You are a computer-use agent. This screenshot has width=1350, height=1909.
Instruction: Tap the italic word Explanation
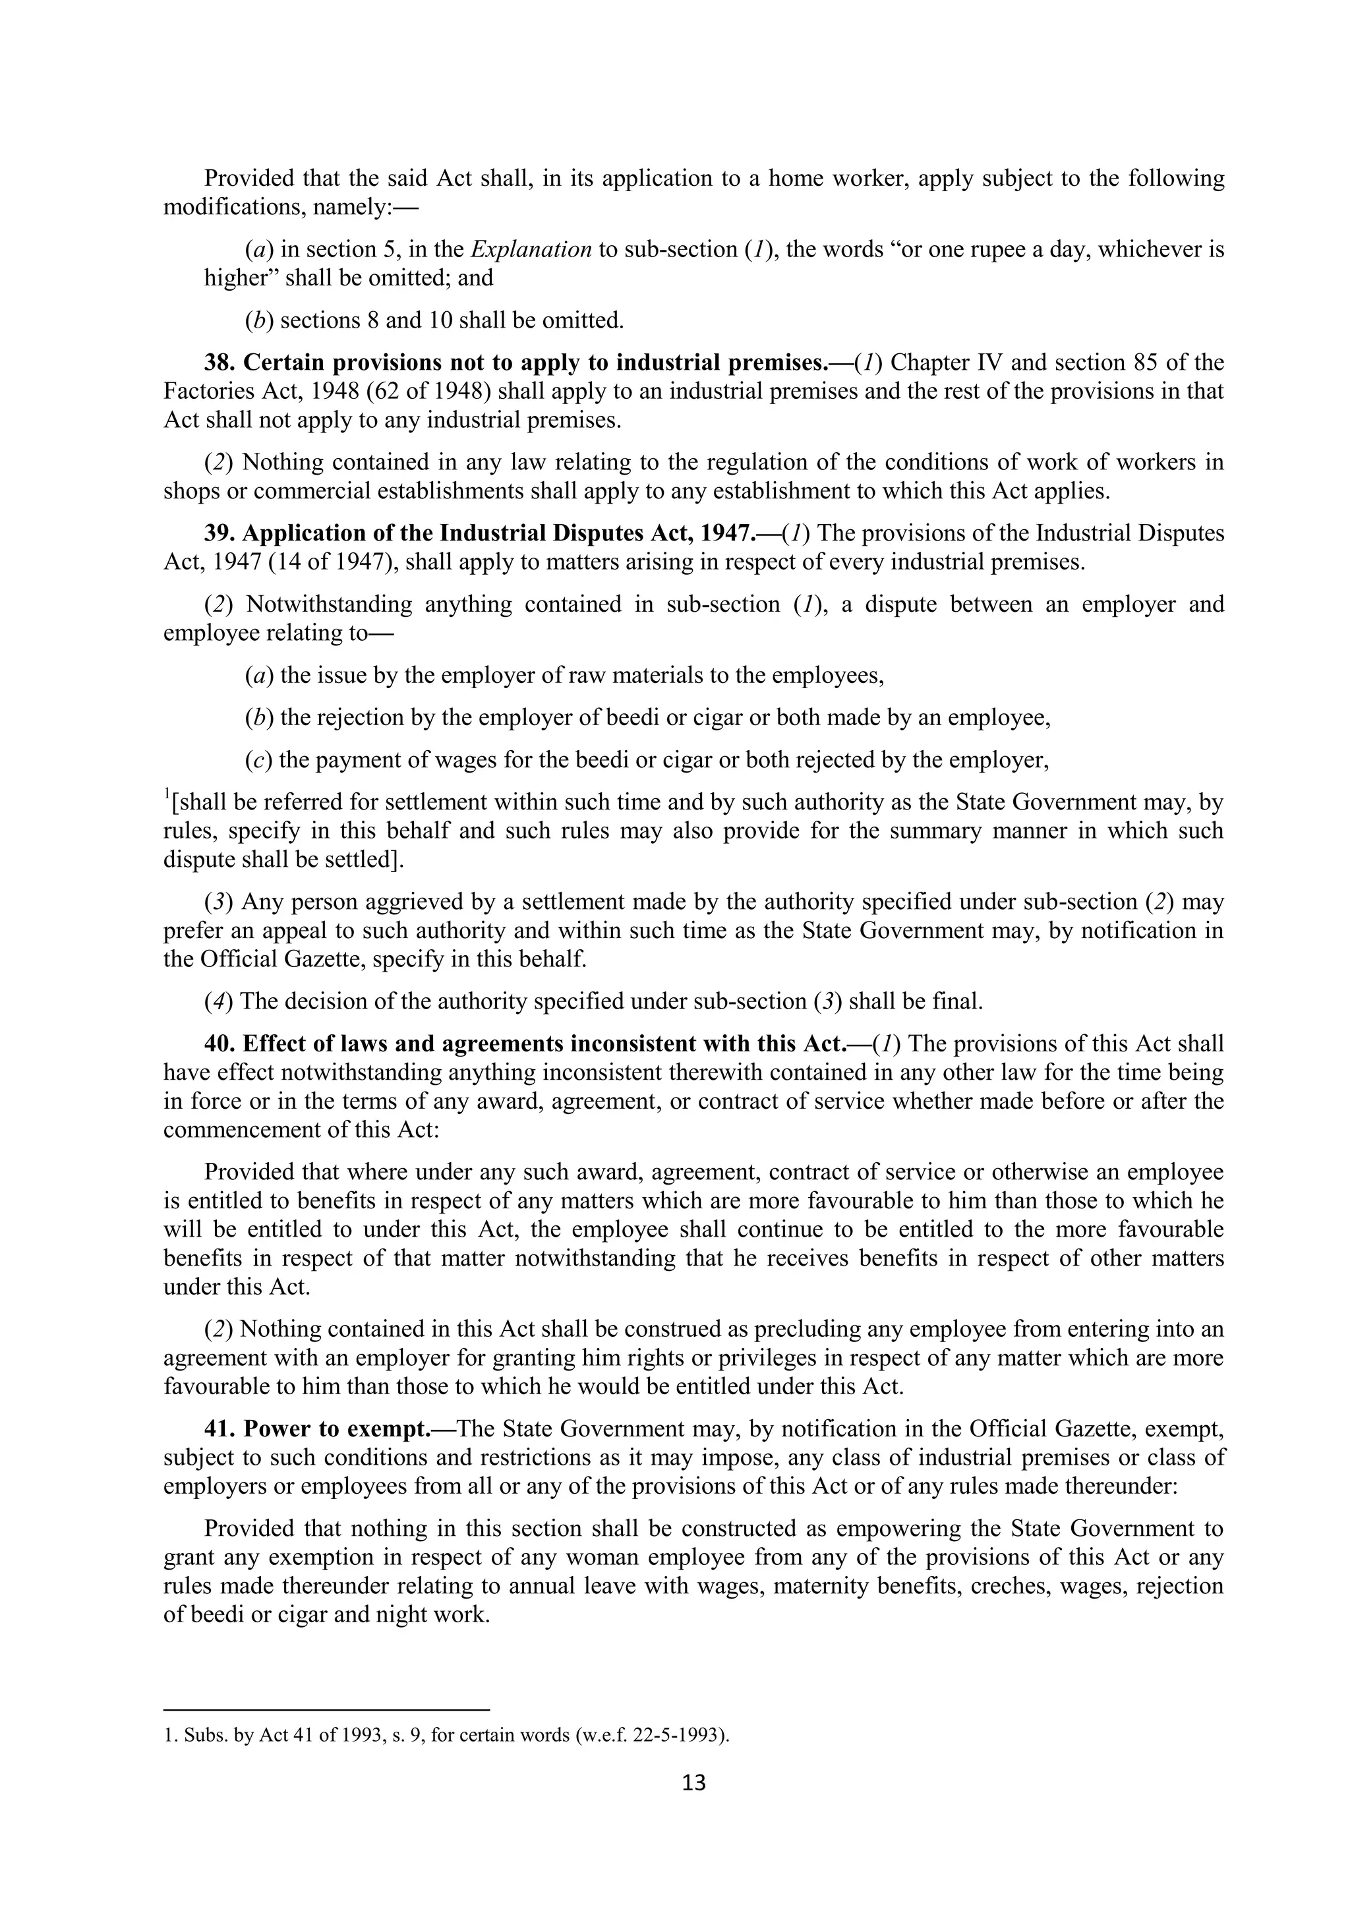click(x=531, y=249)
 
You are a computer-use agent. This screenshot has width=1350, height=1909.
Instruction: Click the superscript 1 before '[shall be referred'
click(x=166, y=796)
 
